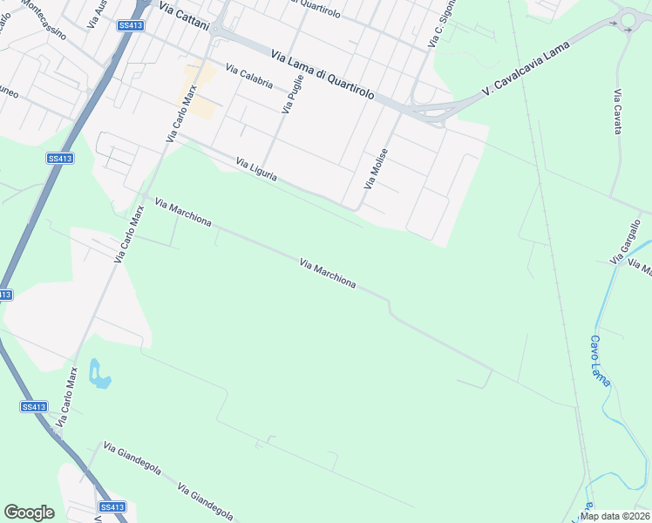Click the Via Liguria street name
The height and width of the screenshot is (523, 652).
(257, 169)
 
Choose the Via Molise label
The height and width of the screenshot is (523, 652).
(376, 169)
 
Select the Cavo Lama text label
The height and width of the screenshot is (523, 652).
(600, 361)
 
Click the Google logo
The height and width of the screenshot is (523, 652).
(29, 513)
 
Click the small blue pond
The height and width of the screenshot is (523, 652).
(98, 374)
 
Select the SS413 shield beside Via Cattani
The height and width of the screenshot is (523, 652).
(130, 25)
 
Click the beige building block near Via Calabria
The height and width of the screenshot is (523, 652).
(199, 92)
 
